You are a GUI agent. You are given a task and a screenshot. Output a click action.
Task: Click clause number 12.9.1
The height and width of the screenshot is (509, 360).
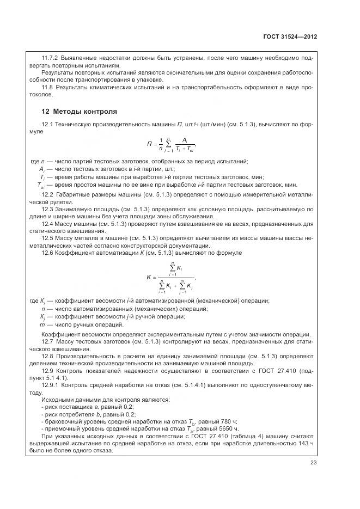pyautogui.click(x=51, y=385)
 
